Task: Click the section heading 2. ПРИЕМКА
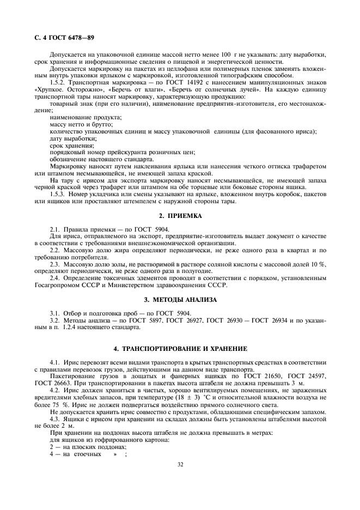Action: (180, 216)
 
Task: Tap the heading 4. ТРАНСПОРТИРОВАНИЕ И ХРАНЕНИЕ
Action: (180, 348)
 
